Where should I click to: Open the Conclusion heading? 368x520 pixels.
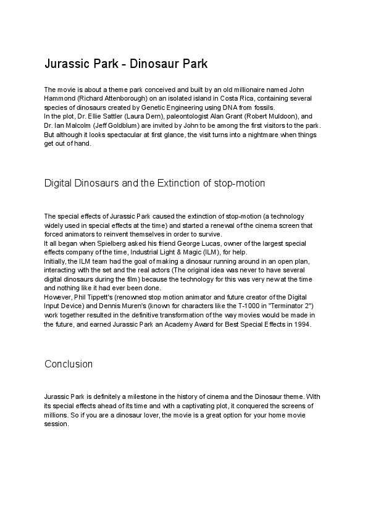coord(69,364)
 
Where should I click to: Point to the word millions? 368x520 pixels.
coord(57,415)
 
